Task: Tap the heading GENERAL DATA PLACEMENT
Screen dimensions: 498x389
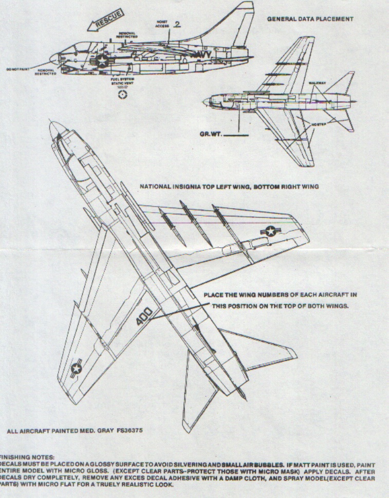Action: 310,19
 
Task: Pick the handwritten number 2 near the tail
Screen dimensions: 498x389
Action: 177,24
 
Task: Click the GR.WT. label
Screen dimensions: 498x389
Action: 211,135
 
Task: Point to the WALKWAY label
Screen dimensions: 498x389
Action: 317,82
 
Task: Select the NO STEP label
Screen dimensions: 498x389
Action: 319,125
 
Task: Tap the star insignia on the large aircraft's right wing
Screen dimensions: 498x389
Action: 270,232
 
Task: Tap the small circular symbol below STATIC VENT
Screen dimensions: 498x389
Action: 122,95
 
